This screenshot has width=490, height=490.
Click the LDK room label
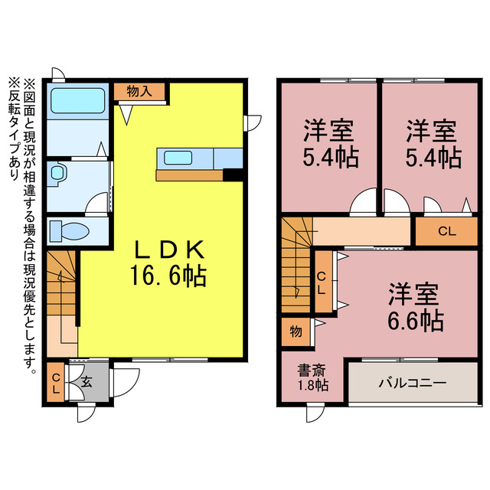(x=169, y=250)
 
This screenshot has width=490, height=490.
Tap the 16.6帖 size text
(x=169, y=276)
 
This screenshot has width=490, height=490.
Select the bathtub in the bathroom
(x=77, y=100)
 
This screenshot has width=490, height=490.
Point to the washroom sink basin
(x=58, y=174)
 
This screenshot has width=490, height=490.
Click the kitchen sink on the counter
(x=178, y=158)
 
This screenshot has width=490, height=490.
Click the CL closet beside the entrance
(x=56, y=382)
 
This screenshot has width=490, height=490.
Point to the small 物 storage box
(x=295, y=332)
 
